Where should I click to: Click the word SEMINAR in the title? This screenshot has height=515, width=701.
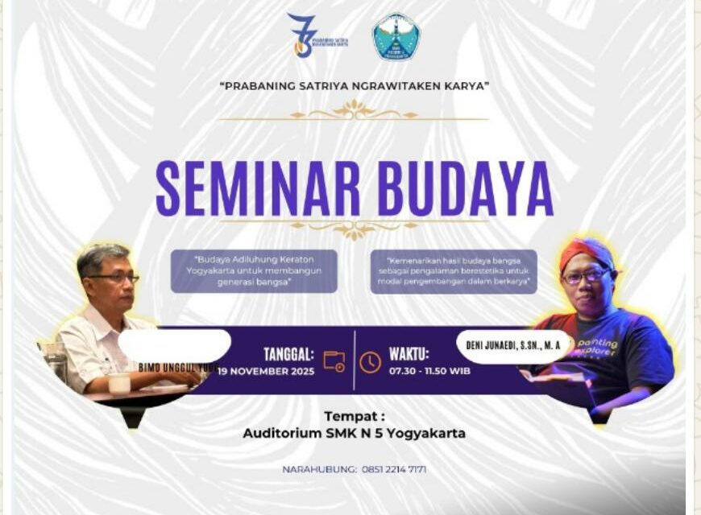pyautogui.click(x=258, y=190)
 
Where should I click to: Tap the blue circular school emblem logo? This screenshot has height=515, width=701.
pyautogui.click(x=396, y=37)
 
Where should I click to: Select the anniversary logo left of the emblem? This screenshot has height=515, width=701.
pyautogui.click(x=304, y=36)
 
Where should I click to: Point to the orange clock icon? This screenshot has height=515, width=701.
pyautogui.click(x=370, y=362)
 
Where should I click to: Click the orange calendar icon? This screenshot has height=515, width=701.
pyautogui.click(x=334, y=361)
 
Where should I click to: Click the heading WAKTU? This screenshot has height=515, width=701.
pyautogui.click(x=409, y=354)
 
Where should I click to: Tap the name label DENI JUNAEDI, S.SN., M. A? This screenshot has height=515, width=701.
pyautogui.click(x=513, y=346)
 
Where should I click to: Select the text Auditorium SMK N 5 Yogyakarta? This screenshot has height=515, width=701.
pyautogui.click(x=354, y=433)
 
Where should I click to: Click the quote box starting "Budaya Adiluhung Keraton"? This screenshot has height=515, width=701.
pyautogui.click(x=254, y=270)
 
